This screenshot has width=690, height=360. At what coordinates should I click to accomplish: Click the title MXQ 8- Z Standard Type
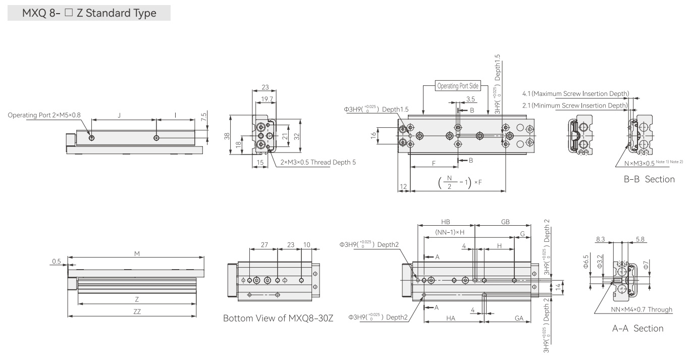point(89,13)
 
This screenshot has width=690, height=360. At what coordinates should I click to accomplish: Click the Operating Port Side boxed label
point(458,86)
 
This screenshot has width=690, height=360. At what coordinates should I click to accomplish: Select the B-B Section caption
point(649,179)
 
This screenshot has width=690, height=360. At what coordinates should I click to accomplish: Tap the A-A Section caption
point(638,328)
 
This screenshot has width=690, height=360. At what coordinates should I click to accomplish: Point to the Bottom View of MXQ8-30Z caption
point(278,318)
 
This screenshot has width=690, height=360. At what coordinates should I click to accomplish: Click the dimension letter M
point(137,253)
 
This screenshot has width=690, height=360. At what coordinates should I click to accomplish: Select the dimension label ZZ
point(137,312)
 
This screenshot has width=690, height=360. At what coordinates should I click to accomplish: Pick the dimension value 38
point(227,136)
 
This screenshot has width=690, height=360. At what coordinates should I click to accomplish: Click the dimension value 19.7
point(267,99)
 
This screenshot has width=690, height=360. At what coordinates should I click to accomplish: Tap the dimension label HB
point(445,222)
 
